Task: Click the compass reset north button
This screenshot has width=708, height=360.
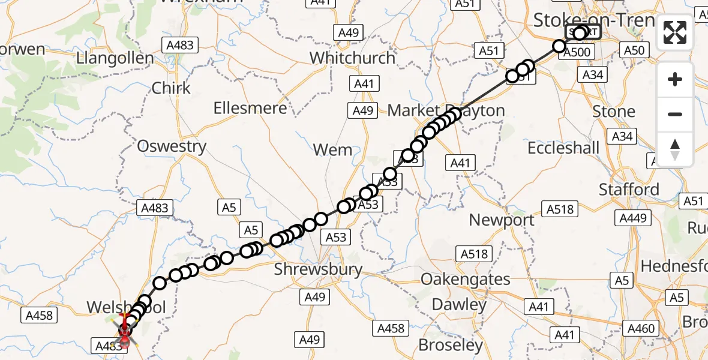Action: (675, 149)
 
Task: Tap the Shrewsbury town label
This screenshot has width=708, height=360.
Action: (318, 269)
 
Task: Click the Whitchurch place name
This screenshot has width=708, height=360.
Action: (352, 58)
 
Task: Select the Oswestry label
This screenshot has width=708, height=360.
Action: (172, 146)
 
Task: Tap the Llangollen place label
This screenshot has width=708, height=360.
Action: (115, 59)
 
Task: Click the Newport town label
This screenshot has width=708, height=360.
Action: (502, 220)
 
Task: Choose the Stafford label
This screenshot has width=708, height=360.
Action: (629, 190)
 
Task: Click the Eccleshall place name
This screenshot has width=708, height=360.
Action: (563, 148)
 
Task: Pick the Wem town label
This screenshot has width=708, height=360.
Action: (333, 150)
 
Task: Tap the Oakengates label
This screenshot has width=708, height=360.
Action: (466, 279)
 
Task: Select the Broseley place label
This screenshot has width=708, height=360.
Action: (451, 345)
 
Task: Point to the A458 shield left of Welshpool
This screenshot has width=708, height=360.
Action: (39, 315)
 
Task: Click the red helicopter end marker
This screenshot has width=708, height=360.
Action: (125, 331)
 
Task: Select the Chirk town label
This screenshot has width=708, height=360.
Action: (171, 88)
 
